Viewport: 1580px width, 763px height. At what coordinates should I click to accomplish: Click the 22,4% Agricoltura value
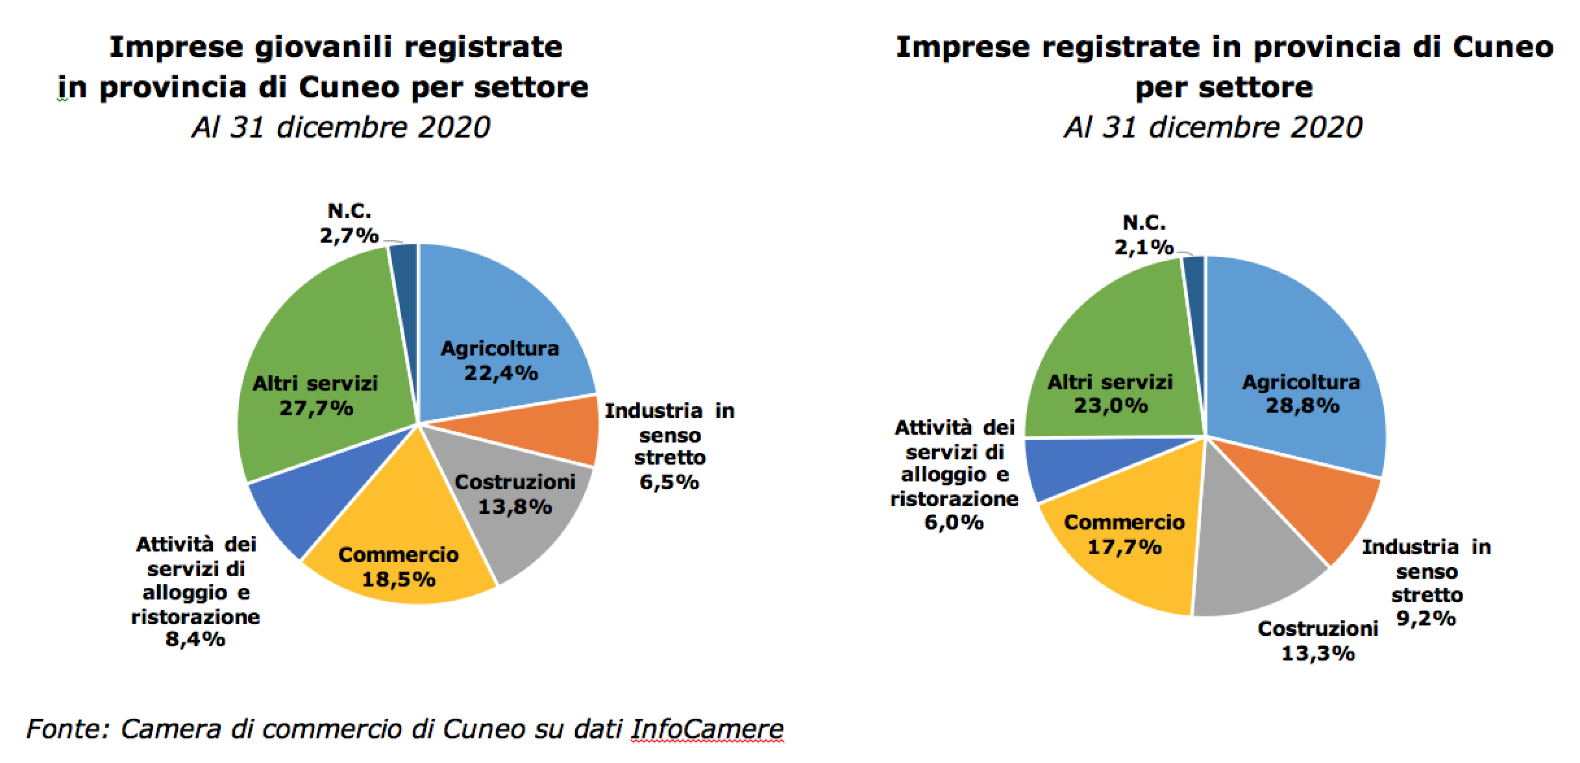click(x=500, y=373)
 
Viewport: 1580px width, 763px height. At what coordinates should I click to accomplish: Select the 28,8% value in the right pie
click(x=1302, y=406)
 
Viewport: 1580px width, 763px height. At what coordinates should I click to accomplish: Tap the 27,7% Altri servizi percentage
click(x=316, y=408)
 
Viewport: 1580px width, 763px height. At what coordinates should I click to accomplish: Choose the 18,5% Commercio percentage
click(x=398, y=579)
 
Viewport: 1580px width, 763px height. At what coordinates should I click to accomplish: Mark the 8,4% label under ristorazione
click(x=195, y=639)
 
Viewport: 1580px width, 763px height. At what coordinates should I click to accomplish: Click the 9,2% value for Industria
click(x=1426, y=619)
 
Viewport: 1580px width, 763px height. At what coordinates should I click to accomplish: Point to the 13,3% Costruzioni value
click(x=1318, y=653)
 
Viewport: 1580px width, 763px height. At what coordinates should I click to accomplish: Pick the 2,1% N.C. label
click(x=1144, y=247)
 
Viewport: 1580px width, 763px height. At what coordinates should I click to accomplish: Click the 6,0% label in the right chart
click(x=954, y=522)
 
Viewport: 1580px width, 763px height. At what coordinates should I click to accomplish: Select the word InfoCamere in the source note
click(x=707, y=729)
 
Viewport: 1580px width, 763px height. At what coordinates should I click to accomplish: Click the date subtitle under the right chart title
click(x=1213, y=127)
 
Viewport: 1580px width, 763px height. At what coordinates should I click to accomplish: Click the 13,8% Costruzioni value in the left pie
click(x=515, y=507)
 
